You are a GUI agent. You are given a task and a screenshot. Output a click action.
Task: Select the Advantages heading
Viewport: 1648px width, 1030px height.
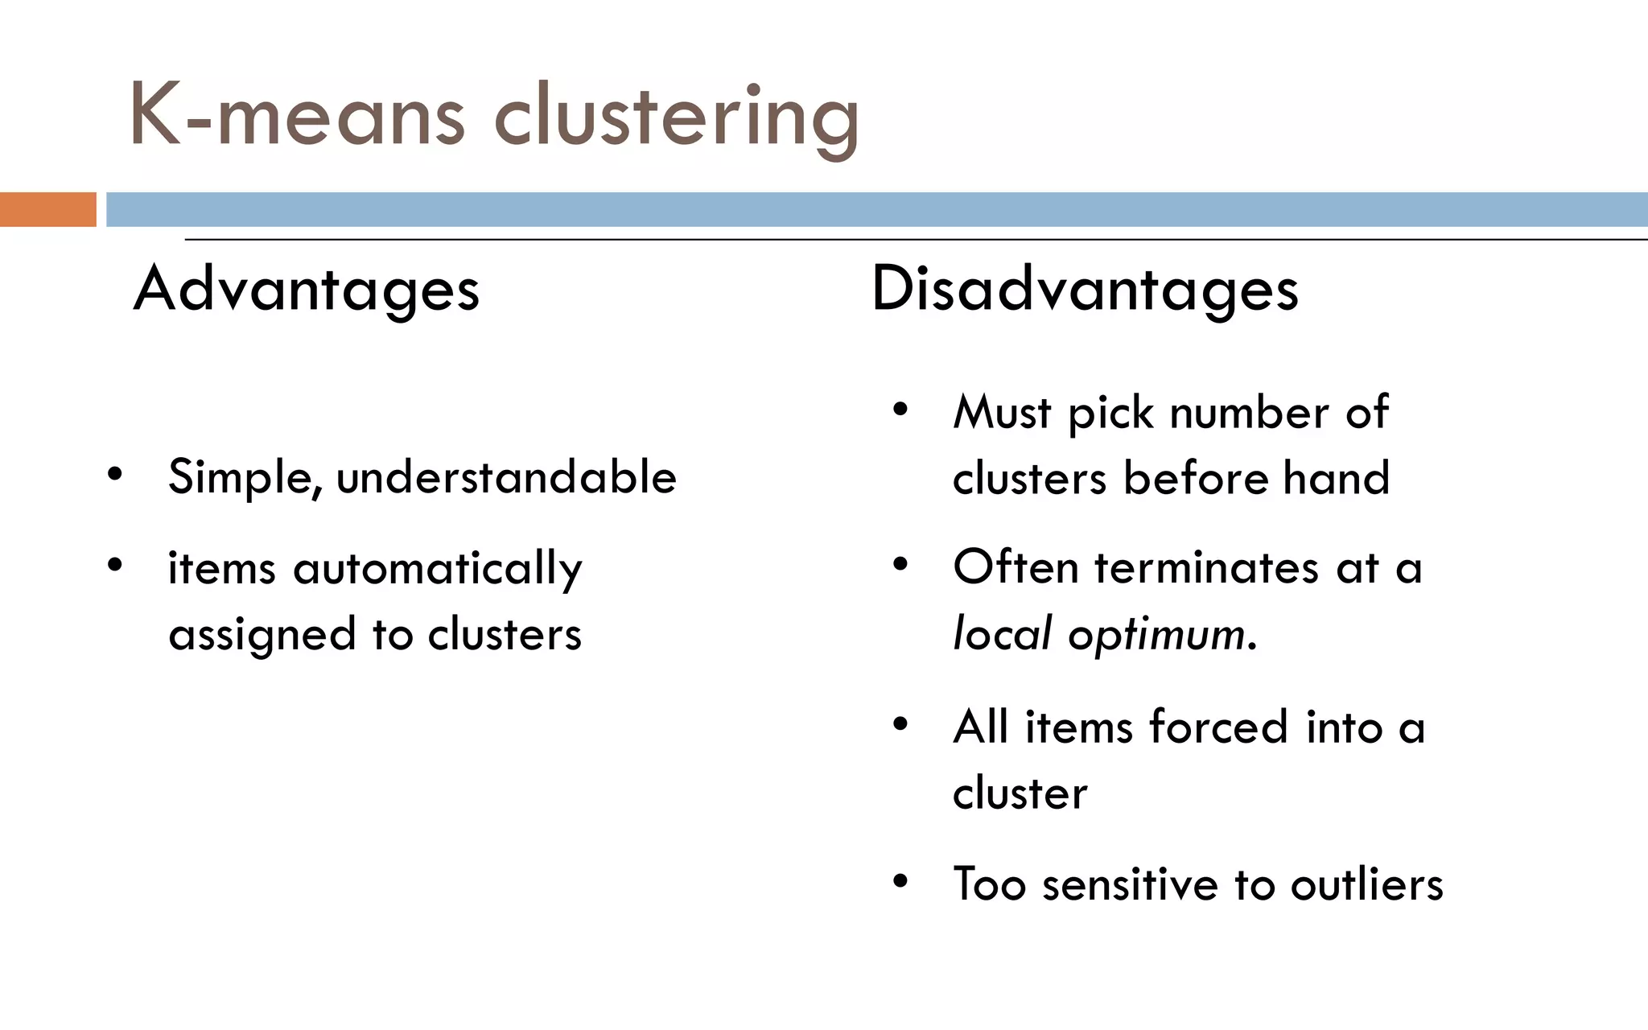[x=307, y=290]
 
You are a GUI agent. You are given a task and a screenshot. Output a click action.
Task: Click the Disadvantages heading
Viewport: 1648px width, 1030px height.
[x=1085, y=290]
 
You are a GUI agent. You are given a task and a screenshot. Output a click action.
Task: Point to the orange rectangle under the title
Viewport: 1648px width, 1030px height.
[x=47, y=209]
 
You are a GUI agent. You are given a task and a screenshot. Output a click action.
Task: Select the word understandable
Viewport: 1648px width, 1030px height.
[x=506, y=477]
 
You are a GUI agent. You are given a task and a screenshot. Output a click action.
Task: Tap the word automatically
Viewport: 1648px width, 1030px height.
[x=437, y=569]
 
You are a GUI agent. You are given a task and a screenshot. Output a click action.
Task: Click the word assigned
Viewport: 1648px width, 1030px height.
[x=262, y=635]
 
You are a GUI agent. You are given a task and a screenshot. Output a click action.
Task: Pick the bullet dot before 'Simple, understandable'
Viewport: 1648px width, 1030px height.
[x=115, y=474]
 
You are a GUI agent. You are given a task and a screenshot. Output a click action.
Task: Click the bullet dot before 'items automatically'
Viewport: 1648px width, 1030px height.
[x=115, y=565]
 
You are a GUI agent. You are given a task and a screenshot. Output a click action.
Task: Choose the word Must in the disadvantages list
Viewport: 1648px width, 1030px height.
[x=1002, y=413]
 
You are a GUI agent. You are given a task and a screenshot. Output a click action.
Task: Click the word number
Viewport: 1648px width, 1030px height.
[x=1249, y=413]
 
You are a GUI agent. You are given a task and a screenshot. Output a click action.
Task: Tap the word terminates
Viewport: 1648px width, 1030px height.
[x=1206, y=567]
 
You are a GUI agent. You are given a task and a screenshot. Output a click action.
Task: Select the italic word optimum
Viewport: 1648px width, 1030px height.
[x=1156, y=635]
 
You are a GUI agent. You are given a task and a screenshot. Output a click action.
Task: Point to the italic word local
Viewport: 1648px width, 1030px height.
[x=1002, y=633]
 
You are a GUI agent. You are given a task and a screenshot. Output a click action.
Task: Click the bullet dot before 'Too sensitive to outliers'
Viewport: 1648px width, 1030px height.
[x=900, y=881]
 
